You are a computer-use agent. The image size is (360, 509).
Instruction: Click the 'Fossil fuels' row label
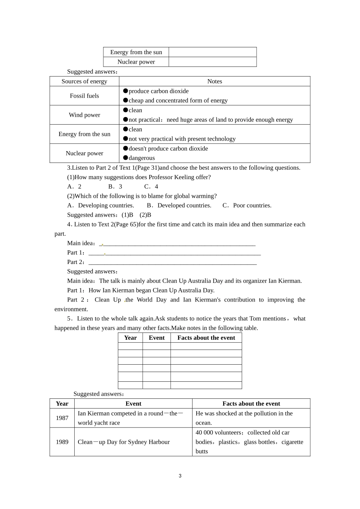click(84, 96)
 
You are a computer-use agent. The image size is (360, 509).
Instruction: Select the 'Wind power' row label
click(84, 115)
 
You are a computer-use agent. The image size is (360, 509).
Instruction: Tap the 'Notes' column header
click(214, 81)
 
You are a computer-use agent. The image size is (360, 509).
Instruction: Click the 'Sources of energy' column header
click(84, 81)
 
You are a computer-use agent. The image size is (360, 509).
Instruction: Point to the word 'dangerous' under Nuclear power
click(142, 158)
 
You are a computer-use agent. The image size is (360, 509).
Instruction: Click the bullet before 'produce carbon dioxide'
click(125, 91)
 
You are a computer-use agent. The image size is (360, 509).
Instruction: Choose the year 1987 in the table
click(62, 418)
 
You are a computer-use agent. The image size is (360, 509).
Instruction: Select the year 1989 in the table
click(62, 442)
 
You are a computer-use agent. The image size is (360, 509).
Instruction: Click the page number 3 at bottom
click(180, 476)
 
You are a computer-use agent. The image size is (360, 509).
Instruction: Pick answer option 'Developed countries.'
click(184, 206)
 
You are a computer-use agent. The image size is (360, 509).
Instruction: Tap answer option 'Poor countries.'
click(252, 206)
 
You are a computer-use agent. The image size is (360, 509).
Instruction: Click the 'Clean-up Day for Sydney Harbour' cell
click(124, 442)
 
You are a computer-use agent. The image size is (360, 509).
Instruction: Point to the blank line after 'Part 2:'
click(172, 262)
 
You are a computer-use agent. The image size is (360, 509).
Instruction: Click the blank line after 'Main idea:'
click(178, 244)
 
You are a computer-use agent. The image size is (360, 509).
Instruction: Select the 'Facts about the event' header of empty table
click(206, 338)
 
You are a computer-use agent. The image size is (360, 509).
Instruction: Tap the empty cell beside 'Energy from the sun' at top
click(213, 52)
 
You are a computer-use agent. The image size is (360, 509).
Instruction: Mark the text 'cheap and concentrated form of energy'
click(178, 101)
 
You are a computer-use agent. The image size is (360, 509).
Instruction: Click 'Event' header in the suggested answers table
click(133, 404)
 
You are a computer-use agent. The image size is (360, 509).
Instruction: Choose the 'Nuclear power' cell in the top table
click(136, 62)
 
